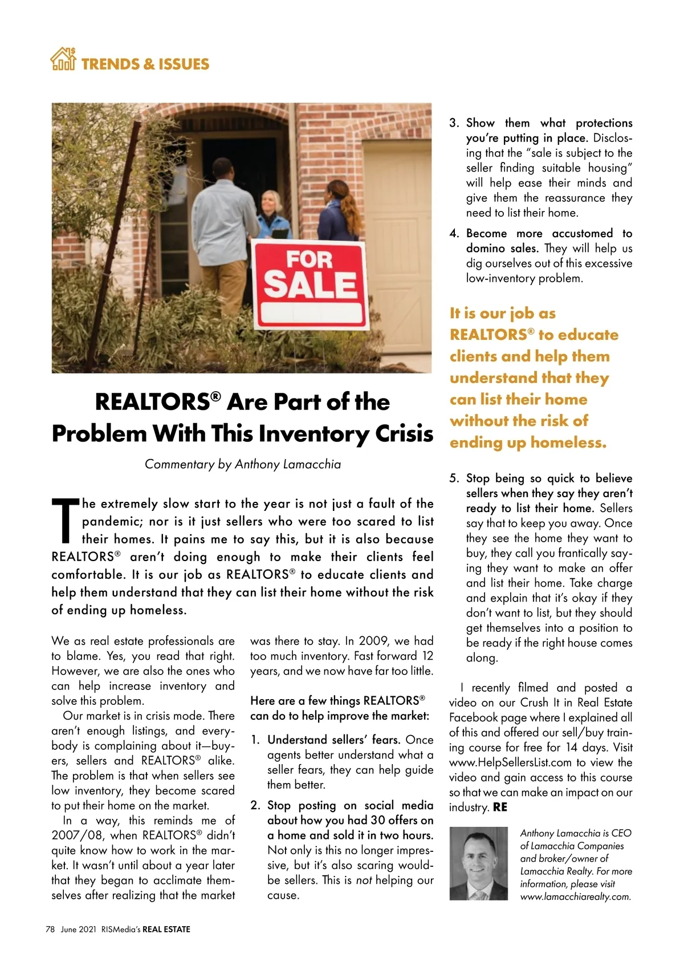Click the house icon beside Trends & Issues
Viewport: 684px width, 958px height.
pyautogui.click(x=63, y=59)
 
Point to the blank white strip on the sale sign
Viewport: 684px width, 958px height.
pyautogui.click(x=311, y=313)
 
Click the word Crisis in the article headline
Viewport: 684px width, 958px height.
pyautogui.click(x=404, y=433)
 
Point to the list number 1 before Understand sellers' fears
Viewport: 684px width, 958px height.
pyautogui.click(x=255, y=740)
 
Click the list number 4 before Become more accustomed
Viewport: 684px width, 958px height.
pyautogui.click(x=454, y=234)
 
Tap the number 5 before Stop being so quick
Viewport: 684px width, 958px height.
pyautogui.click(x=454, y=478)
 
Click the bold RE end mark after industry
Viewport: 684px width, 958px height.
pyautogui.click(x=500, y=807)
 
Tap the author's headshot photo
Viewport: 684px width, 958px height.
pyautogui.click(x=478, y=863)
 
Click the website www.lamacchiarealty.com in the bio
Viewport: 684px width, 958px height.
pyautogui.click(x=575, y=896)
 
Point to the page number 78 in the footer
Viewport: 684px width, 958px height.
pyautogui.click(x=50, y=929)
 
